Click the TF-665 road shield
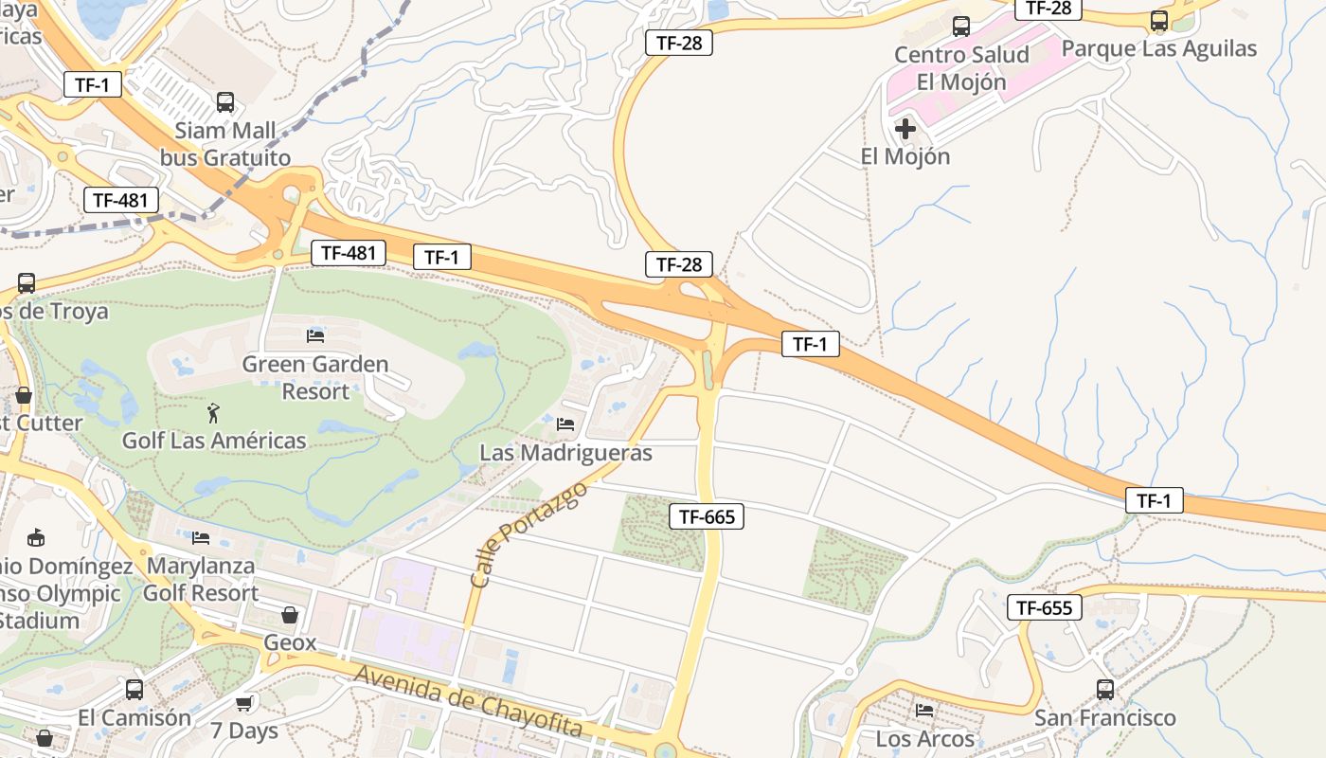pyautogui.click(x=707, y=516)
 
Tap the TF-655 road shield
pyautogui.click(x=1044, y=607)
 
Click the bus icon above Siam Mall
pyautogui.click(x=225, y=102)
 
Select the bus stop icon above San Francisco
pyautogui.click(x=1105, y=689)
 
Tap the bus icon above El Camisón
pyautogui.click(x=134, y=689)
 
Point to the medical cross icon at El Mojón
pyautogui.click(x=905, y=128)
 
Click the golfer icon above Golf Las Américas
pyautogui.click(x=214, y=413)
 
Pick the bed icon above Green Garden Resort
pyautogui.click(x=315, y=335)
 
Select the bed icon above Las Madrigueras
pyautogui.click(x=565, y=424)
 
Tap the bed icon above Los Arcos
pyautogui.click(x=924, y=710)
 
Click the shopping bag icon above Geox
pyautogui.click(x=290, y=615)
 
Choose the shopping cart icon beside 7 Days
pyautogui.click(x=244, y=702)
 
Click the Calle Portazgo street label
pyautogui.click(x=528, y=533)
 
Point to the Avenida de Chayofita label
pyautogui.click(x=468, y=703)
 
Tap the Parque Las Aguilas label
pyautogui.click(x=1159, y=48)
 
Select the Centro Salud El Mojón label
pyautogui.click(x=961, y=68)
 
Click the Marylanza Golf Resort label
pyautogui.click(x=201, y=579)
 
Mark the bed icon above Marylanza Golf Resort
pyautogui.click(x=201, y=538)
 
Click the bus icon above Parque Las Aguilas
pyautogui.click(x=1159, y=20)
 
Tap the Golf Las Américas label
pyautogui.click(x=214, y=441)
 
